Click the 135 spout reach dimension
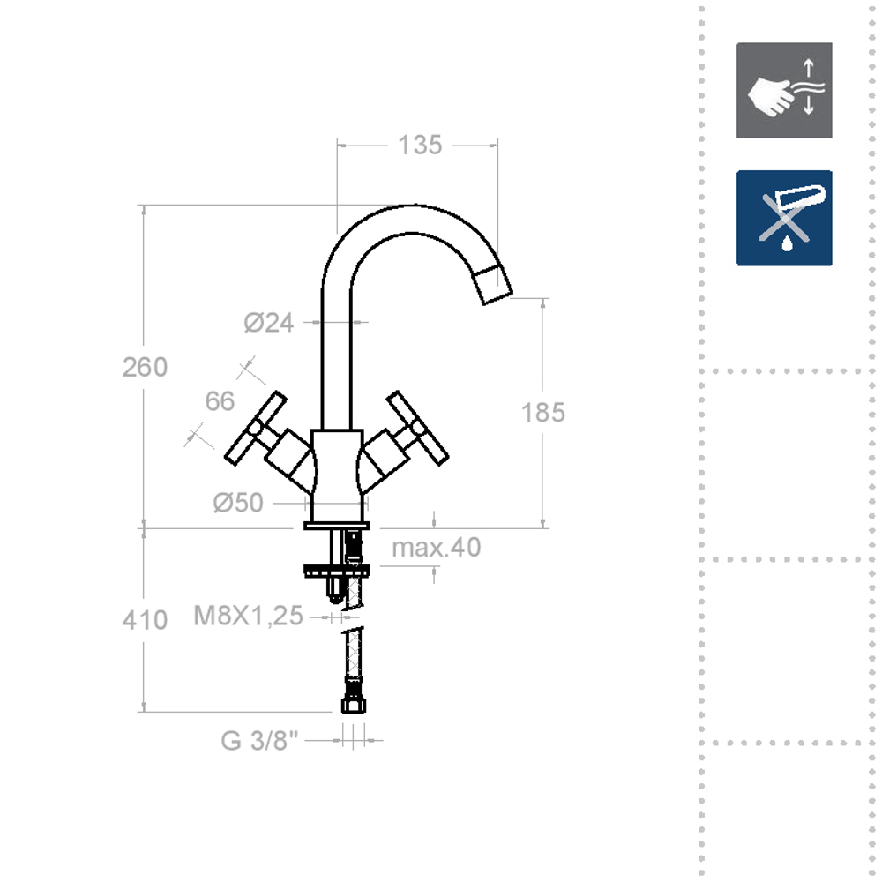click(x=419, y=146)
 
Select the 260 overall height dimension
click(x=145, y=367)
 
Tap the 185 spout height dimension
click(x=542, y=412)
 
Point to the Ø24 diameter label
click(x=268, y=323)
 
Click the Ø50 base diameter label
click(x=238, y=503)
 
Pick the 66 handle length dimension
click(x=220, y=401)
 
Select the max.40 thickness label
click(x=437, y=548)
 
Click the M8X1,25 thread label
click(x=248, y=616)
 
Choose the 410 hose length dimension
click(x=145, y=620)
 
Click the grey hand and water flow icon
click(x=784, y=90)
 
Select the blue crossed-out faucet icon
click(x=784, y=218)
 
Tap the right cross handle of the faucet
click(x=418, y=428)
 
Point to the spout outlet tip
click(x=491, y=284)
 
